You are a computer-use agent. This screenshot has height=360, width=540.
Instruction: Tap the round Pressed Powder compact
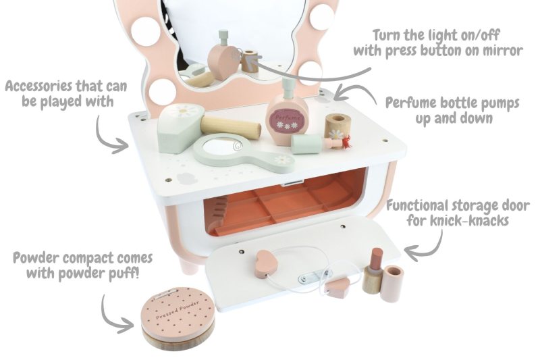[178, 318]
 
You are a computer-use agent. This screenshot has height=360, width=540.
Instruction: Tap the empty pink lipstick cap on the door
[393, 284]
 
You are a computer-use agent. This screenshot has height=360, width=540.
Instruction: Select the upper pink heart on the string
[266, 263]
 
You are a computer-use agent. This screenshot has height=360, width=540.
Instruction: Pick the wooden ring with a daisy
[337, 126]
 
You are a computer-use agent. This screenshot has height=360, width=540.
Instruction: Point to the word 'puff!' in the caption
[125, 274]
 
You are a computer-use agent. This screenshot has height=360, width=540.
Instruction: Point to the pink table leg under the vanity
[189, 263]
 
